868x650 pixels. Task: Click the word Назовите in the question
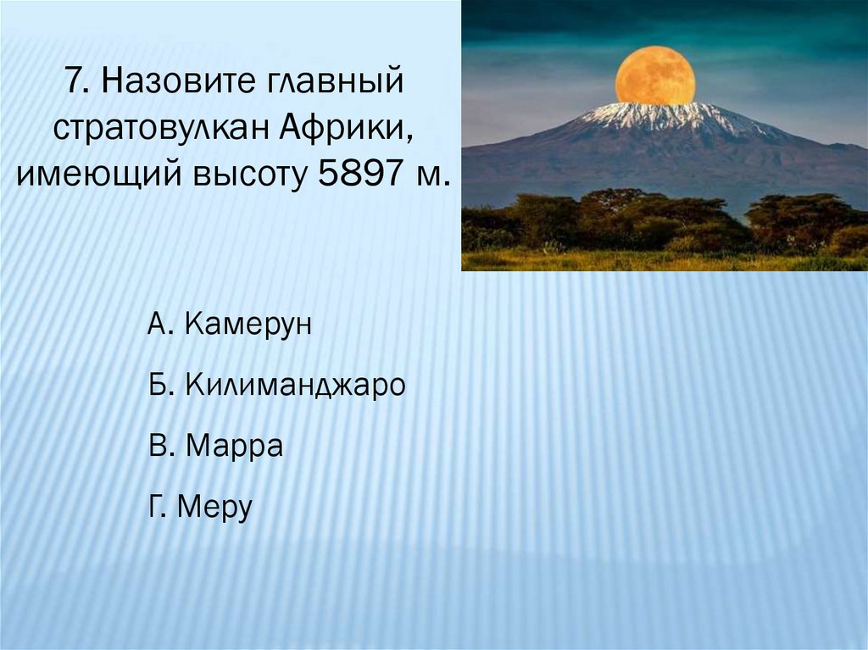tap(170, 81)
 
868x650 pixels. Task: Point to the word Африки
tap(345, 128)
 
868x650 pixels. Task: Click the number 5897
tap(360, 173)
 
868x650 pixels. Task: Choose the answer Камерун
tap(248, 325)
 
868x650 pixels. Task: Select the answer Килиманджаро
tap(294, 384)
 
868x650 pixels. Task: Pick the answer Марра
tap(234, 446)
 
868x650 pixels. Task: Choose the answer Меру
tap(214, 506)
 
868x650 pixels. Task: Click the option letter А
tap(158, 324)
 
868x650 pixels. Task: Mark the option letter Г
tap(157, 505)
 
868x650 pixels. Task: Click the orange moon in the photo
tap(655, 76)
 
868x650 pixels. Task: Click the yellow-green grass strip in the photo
tap(665, 261)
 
